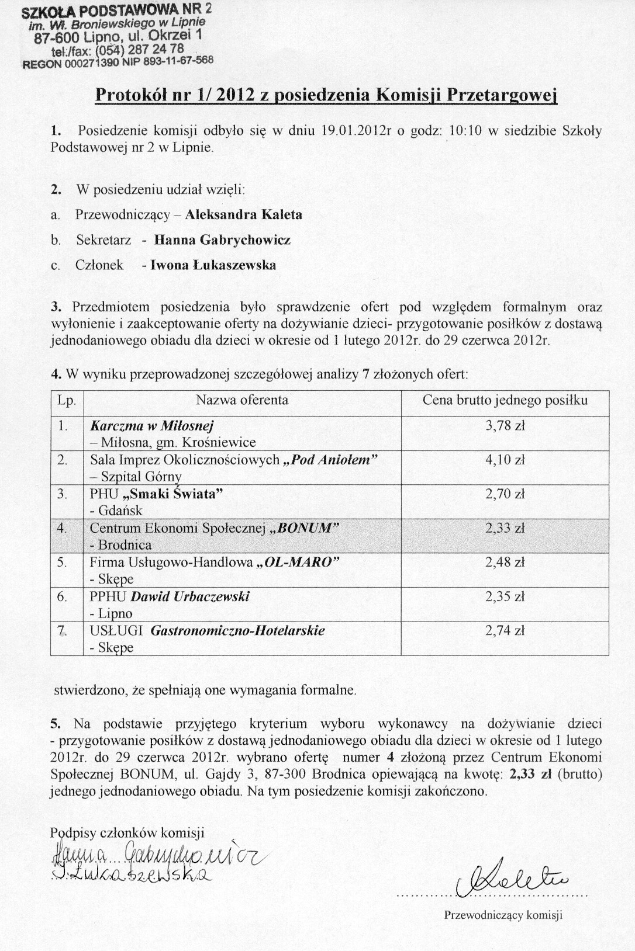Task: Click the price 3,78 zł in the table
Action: pyautogui.click(x=505, y=426)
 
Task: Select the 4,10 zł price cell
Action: pyautogui.click(x=505, y=460)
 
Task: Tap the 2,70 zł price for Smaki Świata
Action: pyautogui.click(x=505, y=494)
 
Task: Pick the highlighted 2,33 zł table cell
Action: pyautogui.click(x=505, y=528)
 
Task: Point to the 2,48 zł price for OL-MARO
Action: pyautogui.click(x=505, y=563)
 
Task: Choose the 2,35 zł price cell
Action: pyautogui.click(x=505, y=596)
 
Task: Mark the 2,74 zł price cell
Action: pyautogui.click(x=505, y=631)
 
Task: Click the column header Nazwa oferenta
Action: pyautogui.click(x=241, y=400)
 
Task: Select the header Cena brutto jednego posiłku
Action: pyautogui.click(x=505, y=400)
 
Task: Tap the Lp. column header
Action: pyautogui.click(x=66, y=400)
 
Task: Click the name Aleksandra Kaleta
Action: pyautogui.click(x=244, y=214)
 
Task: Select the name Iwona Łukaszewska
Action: pyautogui.click(x=213, y=265)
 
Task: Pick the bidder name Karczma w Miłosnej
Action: pyautogui.click(x=153, y=426)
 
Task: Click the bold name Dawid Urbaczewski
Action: pyautogui.click(x=190, y=596)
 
